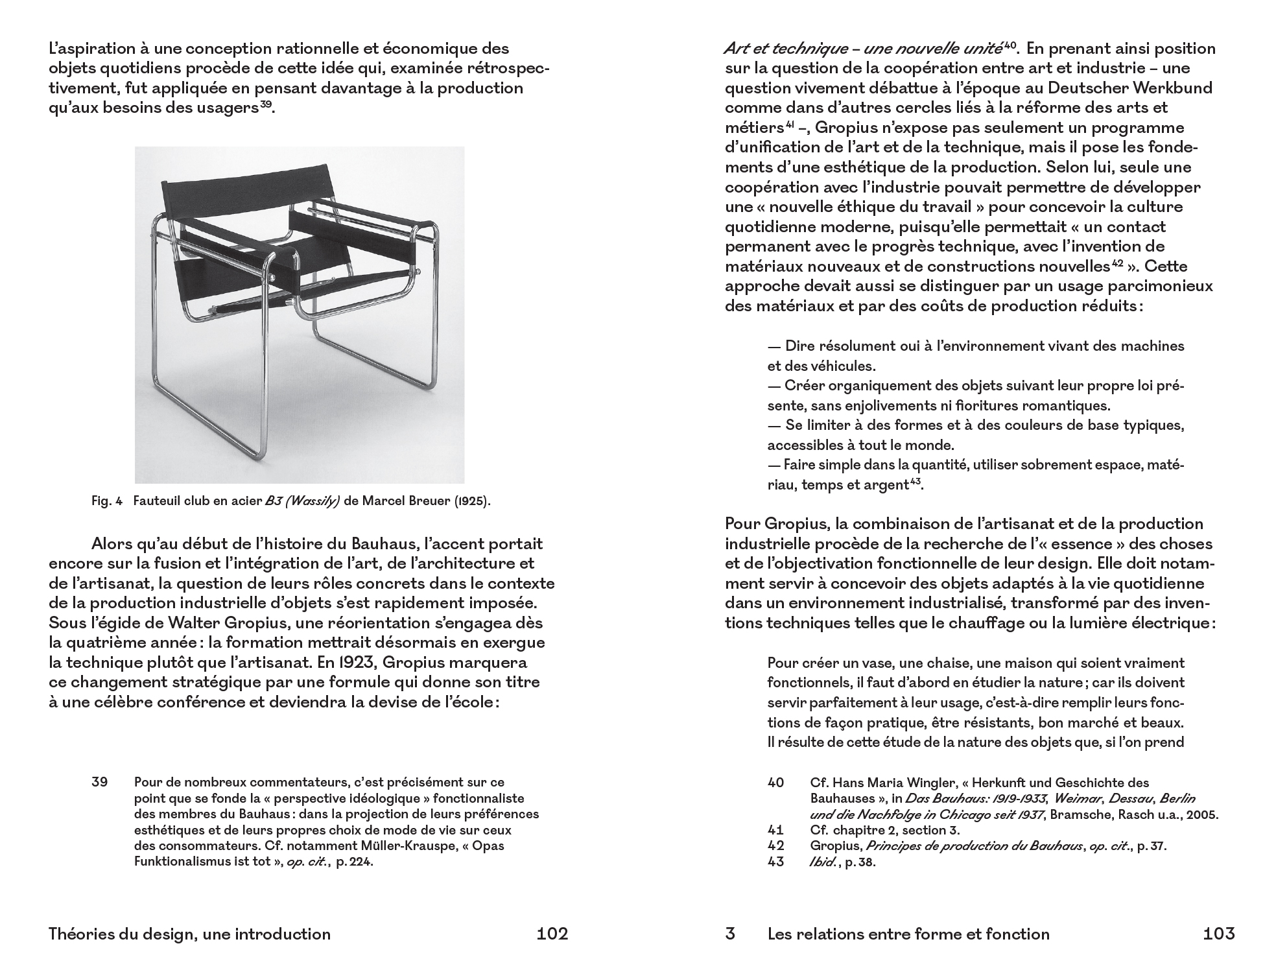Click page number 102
point(552,934)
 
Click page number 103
point(1218,934)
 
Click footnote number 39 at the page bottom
point(99,782)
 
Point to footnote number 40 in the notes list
point(775,783)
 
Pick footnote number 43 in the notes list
point(775,862)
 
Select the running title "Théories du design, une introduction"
point(189,934)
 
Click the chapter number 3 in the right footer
point(730,934)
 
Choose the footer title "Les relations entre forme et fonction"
point(908,934)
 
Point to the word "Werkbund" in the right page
point(1174,88)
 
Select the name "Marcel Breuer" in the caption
point(401,502)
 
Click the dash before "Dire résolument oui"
point(774,346)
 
